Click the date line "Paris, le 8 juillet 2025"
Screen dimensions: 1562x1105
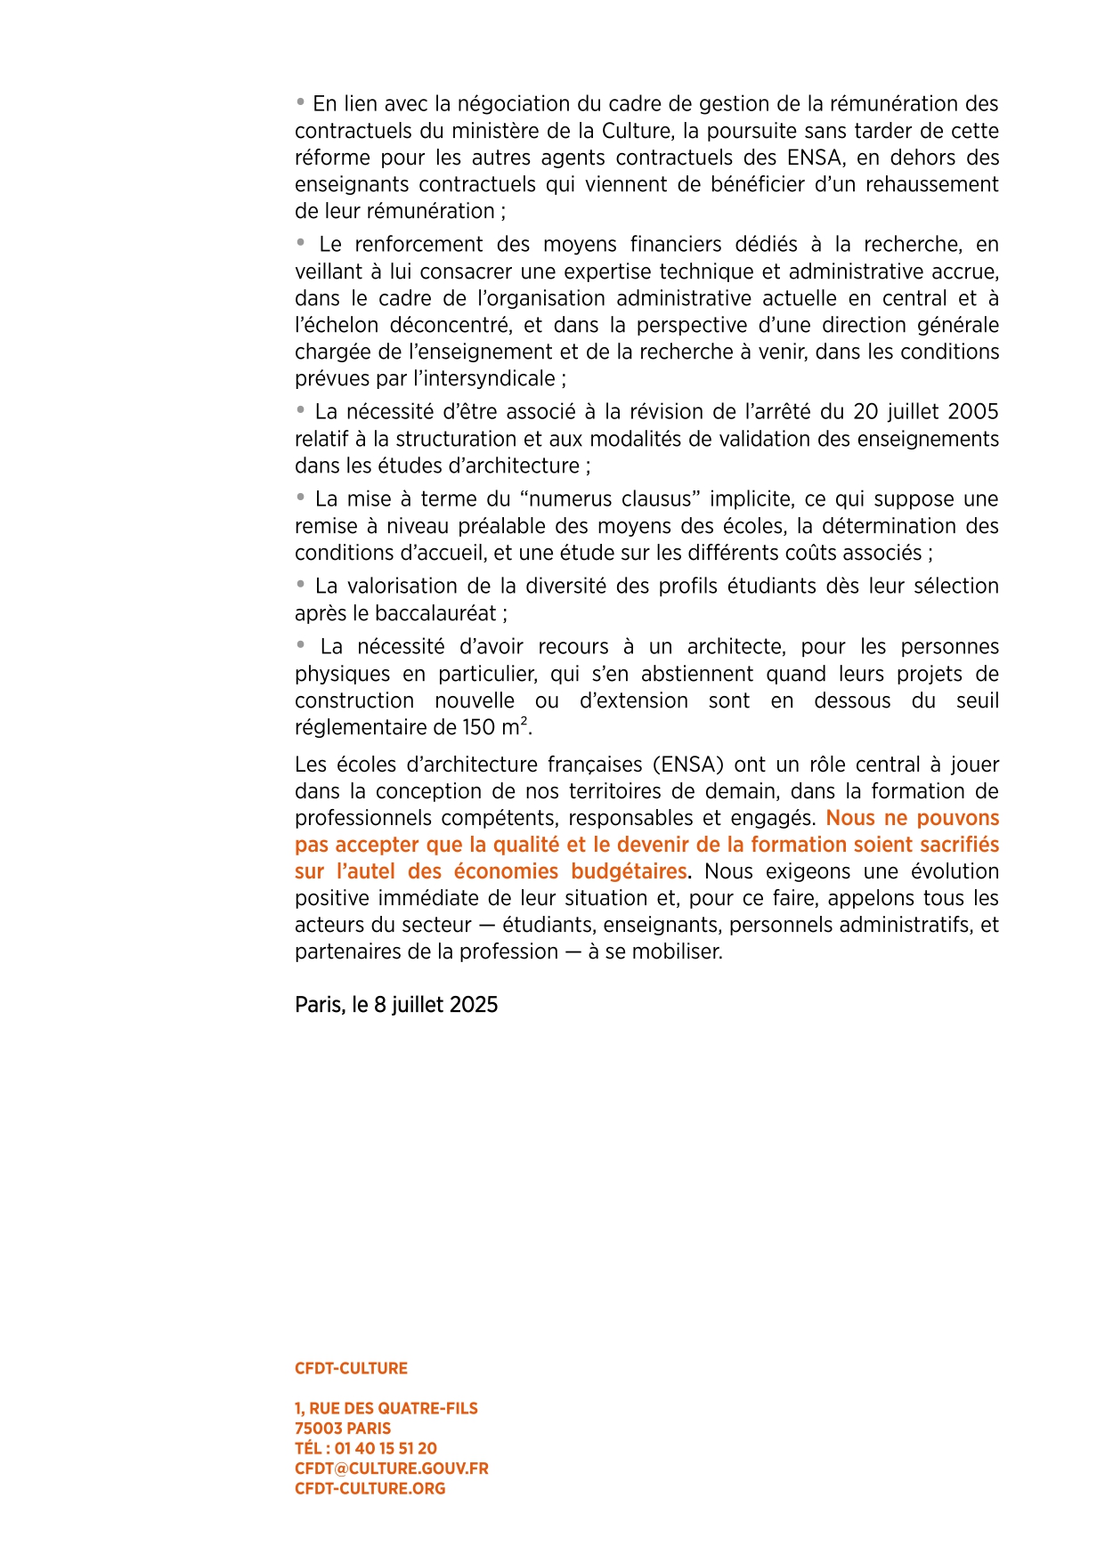(396, 1005)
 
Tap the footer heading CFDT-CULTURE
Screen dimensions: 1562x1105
(351, 1369)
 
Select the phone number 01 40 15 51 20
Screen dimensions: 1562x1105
(386, 1449)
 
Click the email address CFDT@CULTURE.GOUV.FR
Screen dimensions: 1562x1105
(391, 1469)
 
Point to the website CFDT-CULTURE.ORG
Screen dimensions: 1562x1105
(370, 1489)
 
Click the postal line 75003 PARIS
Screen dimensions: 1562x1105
(343, 1428)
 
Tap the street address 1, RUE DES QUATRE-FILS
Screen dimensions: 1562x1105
(386, 1409)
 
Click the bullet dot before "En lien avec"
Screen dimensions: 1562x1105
(301, 102)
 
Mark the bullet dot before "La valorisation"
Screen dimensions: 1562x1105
(301, 585)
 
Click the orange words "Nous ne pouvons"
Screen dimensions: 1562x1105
(912, 818)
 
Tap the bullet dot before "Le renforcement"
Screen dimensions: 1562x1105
(301, 243)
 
